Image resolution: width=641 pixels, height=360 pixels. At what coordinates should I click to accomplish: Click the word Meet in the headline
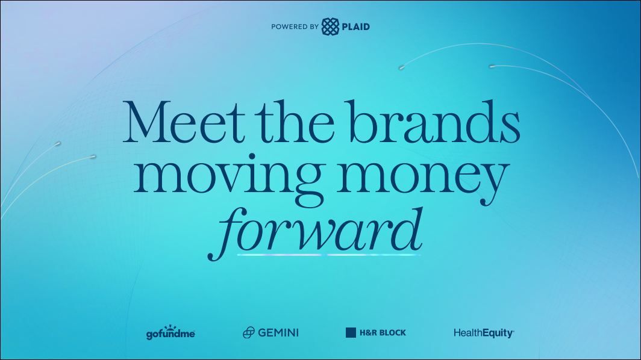(x=184, y=122)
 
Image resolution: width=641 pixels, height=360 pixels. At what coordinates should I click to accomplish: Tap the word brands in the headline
(x=435, y=121)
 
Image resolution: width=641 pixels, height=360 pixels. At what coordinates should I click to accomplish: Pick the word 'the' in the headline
(x=297, y=122)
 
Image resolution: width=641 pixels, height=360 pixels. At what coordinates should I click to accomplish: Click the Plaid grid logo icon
(x=330, y=26)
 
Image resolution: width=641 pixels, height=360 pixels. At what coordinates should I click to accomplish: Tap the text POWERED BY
(x=295, y=26)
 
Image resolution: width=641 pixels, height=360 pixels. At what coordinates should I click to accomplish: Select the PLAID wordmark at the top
(x=355, y=26)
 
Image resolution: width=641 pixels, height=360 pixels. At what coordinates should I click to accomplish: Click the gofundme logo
(x=170, y=333)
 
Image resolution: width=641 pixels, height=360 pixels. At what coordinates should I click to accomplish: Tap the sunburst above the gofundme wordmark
(x=170, y=327)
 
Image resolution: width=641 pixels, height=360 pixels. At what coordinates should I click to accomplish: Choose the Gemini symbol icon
(x=249, y=333)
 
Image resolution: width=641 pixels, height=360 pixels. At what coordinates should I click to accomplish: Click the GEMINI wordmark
(x=278, y=333)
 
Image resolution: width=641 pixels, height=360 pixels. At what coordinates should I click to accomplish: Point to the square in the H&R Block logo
(x=351, y=333)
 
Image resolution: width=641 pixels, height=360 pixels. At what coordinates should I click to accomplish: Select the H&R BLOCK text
(x=383, y=333)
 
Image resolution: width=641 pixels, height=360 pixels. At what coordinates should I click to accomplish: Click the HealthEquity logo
(x=484, y=333)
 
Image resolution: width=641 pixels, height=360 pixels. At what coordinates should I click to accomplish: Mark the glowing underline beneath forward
(x=329, y=255)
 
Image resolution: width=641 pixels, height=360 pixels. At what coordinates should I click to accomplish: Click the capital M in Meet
(x=146, y=122)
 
